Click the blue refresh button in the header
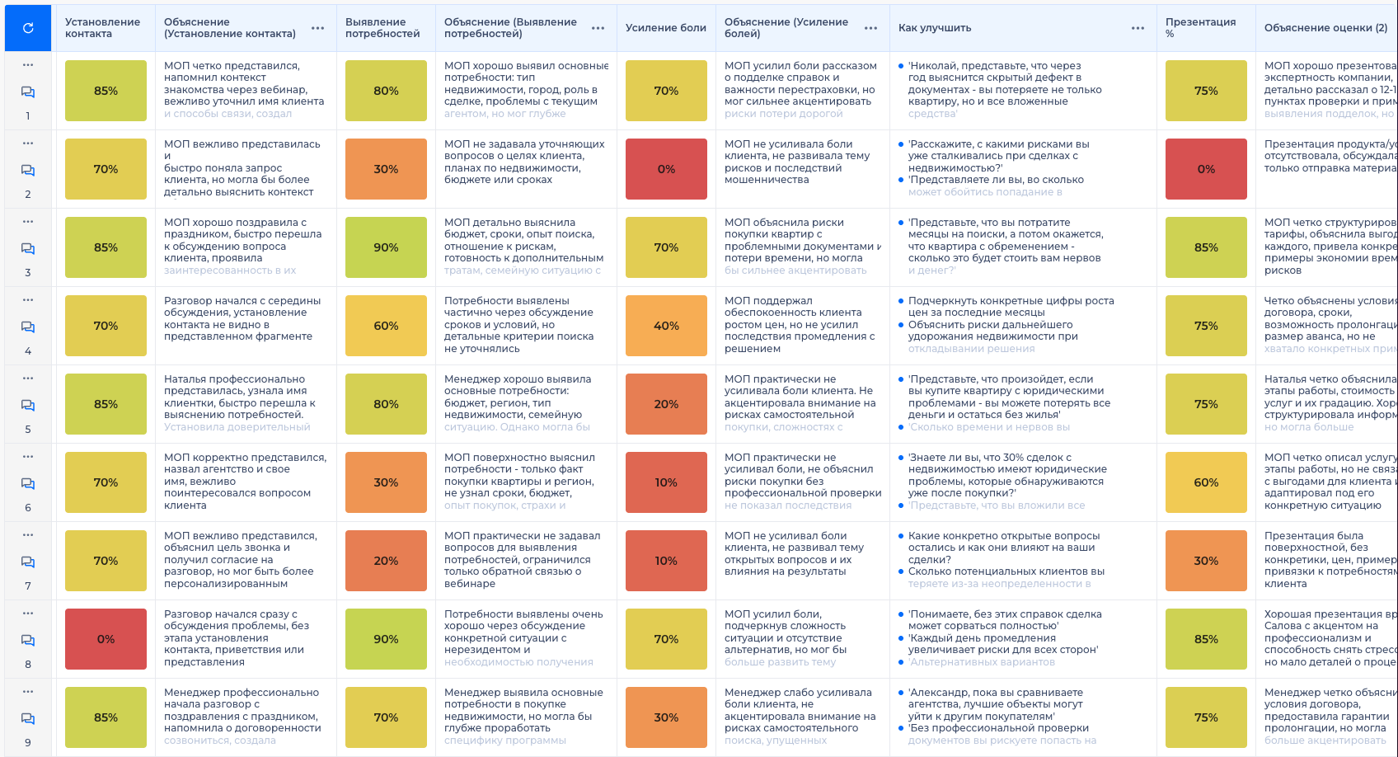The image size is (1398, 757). click(x=28, y=28)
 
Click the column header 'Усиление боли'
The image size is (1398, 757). click(x=665, y=28)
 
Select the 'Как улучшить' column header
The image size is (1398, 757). click(x=935, y=28)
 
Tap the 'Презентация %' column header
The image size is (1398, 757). click(x=1200, y=28)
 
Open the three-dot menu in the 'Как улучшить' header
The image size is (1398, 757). click(x=1138, y=28)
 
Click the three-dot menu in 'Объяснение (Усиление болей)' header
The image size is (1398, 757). click(x=870, y=28)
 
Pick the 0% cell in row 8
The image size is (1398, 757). click(x=106, y=639)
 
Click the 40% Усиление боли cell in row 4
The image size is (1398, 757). click(x=666, y=326)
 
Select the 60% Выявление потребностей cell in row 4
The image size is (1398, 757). click(x=386, y=326)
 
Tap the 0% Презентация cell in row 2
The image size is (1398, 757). click(x=1206, y=169)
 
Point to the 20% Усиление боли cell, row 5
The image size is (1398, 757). click(x=666, y=404)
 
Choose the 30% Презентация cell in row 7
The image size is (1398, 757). click(x=1206, y=561)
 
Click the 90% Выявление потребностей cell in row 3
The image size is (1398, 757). click(x=386, y=247)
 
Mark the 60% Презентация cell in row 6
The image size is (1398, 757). click(x=1206, y=482)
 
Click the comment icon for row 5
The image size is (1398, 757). click(x=28, y=406)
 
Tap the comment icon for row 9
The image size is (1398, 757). click(x=28, y=719)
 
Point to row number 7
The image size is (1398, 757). click(x=28, y=585)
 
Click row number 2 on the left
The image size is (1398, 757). click(x=28, y=194)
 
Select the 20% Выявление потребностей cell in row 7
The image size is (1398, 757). click(x=386, y=561)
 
